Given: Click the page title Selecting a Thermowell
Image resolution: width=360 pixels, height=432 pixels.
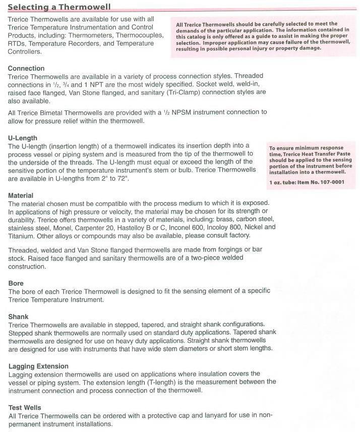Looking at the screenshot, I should click(59, 7).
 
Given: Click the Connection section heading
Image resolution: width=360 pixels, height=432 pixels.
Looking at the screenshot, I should click(26, 68).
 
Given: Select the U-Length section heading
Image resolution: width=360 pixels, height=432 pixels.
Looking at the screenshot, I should click(23, 138).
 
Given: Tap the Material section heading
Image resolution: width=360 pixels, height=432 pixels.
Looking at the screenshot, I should click(21, 195).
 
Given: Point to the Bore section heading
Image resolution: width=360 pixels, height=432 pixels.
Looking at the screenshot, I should click(16, 283).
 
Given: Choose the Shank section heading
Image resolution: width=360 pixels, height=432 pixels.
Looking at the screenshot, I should click(19, 316).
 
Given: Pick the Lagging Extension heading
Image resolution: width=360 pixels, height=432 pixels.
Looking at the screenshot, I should click(38, 366).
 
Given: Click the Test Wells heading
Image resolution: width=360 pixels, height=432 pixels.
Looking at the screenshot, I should click(25, 407).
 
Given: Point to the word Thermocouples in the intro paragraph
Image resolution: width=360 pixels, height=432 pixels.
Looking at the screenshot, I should click(139, 35).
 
